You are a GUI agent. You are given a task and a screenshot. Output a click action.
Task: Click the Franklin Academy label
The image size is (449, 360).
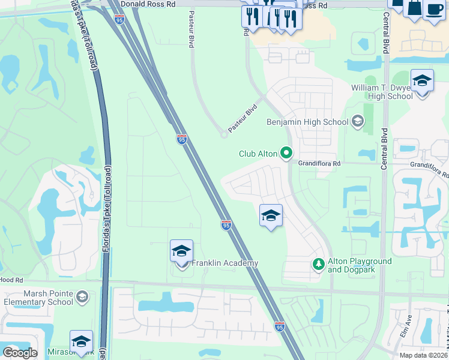[224, 263]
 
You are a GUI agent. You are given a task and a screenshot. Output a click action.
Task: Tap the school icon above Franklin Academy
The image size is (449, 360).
[181, 252]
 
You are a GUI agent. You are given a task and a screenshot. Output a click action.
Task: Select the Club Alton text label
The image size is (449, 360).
[258, 154]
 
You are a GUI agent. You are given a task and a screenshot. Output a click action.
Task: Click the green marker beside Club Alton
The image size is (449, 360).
[287, 154]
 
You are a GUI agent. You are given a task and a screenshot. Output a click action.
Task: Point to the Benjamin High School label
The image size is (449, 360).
[307, 122]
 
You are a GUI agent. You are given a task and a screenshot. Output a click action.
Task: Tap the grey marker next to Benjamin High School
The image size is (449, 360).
[358, 122]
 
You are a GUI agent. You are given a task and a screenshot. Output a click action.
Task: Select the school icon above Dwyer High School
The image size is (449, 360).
[423, 81]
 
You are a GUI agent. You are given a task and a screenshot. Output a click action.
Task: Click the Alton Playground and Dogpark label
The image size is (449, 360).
[360, 265]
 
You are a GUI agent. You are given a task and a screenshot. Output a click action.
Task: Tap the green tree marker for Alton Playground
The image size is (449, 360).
[319, 264]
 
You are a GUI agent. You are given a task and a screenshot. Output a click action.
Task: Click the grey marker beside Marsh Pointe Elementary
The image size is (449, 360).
[82, 297]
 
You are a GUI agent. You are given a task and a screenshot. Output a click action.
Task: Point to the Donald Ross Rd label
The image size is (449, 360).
[147, 4]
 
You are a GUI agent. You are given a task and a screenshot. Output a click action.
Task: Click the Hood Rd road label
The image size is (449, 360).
[11, 280]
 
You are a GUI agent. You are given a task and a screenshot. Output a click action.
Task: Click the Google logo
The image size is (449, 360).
[20, 353]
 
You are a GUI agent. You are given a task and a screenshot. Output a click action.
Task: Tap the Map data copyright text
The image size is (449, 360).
[423, 355]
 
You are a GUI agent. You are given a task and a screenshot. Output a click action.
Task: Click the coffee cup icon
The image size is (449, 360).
[434, 8]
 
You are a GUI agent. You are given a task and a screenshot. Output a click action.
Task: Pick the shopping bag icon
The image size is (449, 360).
[414, 7]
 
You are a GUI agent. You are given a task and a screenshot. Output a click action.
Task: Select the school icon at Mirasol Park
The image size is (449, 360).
[81, 342]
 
